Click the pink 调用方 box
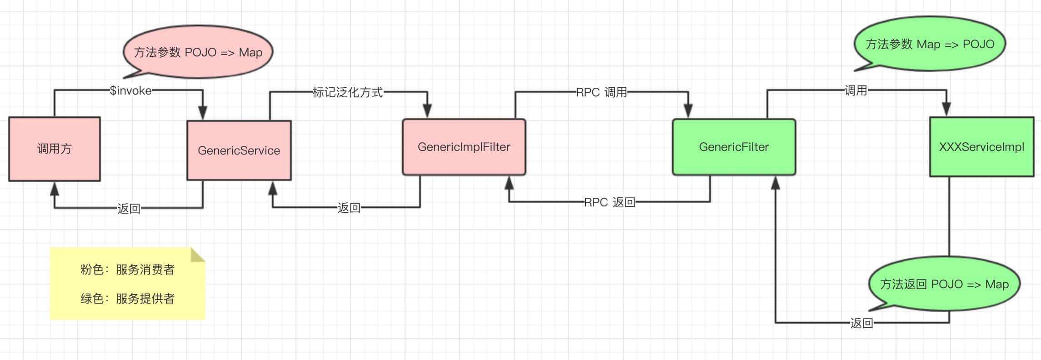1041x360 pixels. [x=55, y=149]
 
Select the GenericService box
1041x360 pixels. [x=239, y=150]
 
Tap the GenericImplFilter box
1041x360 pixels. [x=464, y=147]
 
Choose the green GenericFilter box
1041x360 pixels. [x=734, y=147]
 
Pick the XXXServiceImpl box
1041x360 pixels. [x=981, y=147]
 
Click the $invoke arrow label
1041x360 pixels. [x=131, y=90]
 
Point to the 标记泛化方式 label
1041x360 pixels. [x=348, y=92]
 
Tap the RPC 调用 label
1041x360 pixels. [x=601, y=92]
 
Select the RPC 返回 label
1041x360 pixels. [x=609, y=202]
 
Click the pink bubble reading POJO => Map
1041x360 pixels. [x=198, y=52]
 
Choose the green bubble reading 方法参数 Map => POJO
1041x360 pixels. [x=930, y=44]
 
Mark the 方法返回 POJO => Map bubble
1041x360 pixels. [x=944, y=284]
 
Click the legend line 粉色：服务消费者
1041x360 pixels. [x=127, y=270]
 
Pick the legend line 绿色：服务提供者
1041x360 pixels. [x=127, y=299]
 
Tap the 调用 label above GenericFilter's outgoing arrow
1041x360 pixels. [x=856, y=90]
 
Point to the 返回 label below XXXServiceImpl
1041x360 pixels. [x=861, y=323]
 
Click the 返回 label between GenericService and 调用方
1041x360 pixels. [x=129, y=209]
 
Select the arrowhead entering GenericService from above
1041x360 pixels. [x=203, y=113]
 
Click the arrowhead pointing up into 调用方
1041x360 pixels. [x=55, y=188]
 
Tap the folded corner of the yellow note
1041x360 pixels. [x=198, y=255]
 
